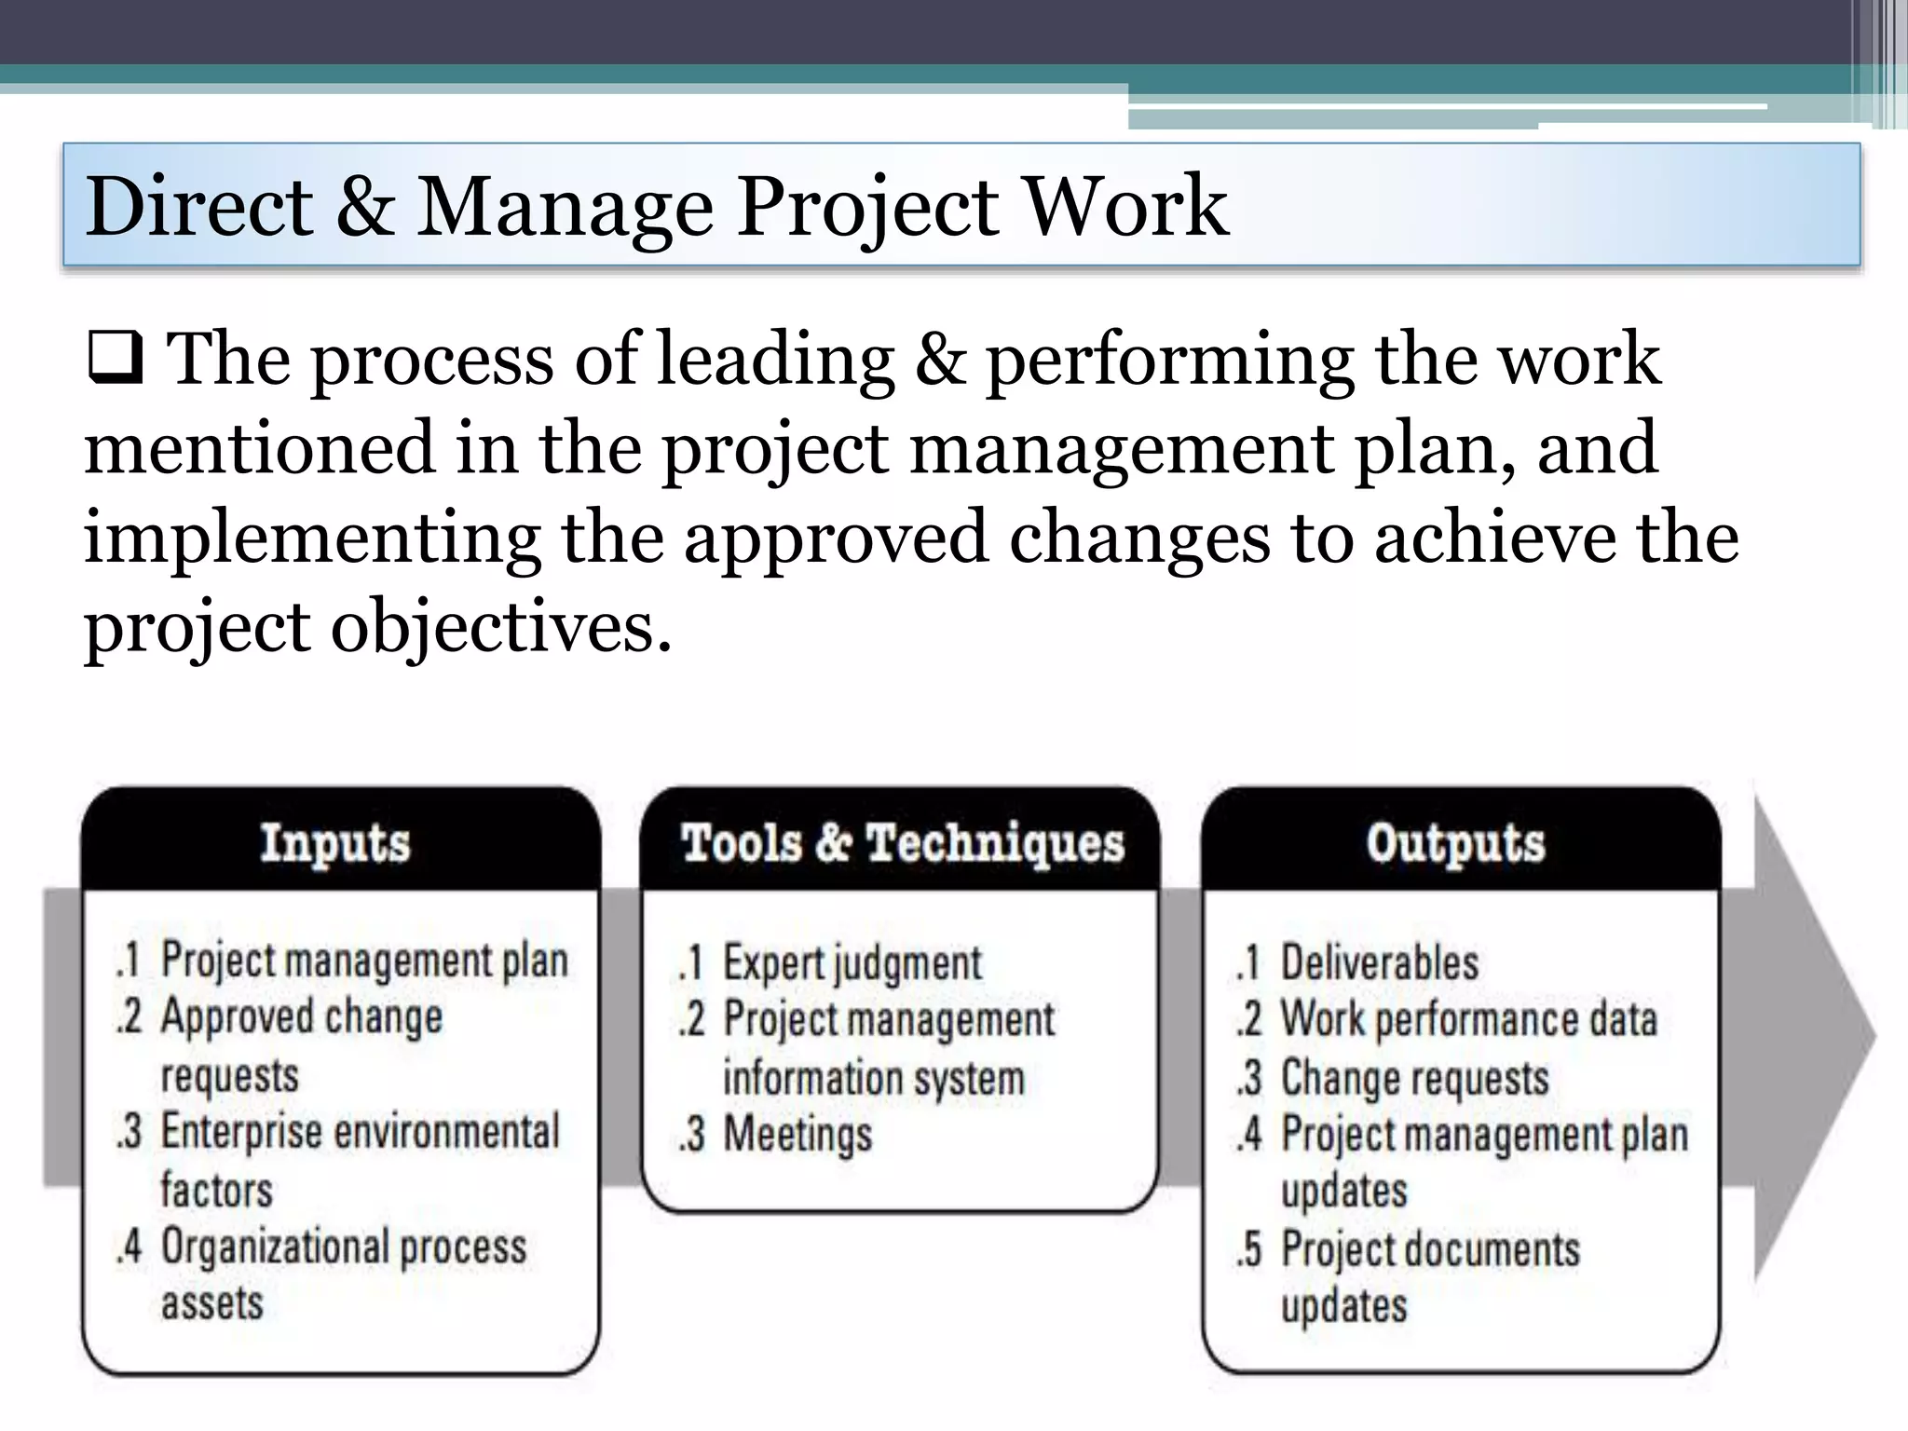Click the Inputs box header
coord(335,842)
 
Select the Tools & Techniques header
coord(902,842)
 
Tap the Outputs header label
coord(1455,842)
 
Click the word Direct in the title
coord(198,206)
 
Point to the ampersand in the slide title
coord(364,207)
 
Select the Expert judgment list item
coord(852,962)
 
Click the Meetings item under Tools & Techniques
coord(797,1134)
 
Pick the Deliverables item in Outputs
coord(1379,962)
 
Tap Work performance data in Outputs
coord(1468,1019)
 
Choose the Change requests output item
coord(1414,1078)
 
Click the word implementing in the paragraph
coord(312,539)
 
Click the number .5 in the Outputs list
coord(1249,1249)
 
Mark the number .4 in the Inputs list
coord(129,1247)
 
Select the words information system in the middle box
coord(873,1078)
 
